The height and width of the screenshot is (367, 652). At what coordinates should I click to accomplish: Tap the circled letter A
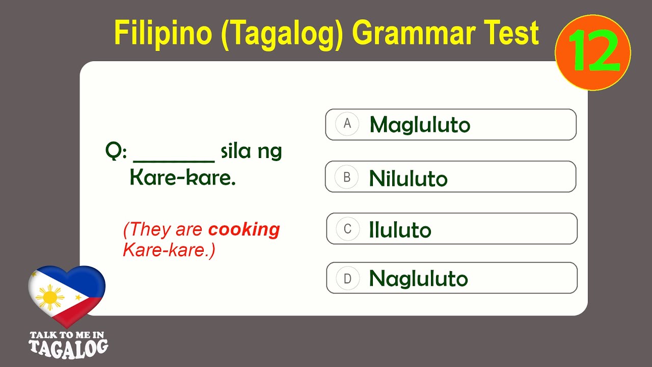tap(347, 124)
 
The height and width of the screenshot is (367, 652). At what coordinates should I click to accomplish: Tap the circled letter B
tap(347, 177)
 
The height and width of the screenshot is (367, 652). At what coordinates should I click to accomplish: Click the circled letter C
tap(348, 229)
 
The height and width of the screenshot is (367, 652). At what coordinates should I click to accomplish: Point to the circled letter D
tap(348, 278)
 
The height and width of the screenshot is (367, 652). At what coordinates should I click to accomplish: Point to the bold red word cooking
tap(244, 230)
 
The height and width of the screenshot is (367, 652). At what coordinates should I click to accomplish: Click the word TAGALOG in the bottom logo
tap(68, 347)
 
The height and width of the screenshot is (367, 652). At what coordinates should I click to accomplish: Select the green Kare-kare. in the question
tap(182, 179)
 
